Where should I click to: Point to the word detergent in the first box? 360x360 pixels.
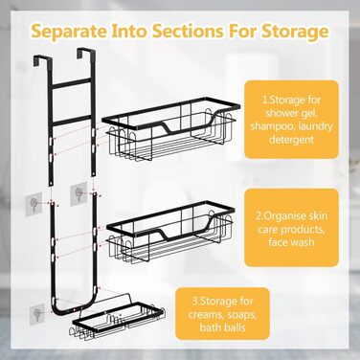[291, 139]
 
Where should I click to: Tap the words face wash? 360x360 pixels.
[291, 242]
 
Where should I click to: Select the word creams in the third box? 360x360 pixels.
[208, 315]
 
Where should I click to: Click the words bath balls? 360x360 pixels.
[222, 327]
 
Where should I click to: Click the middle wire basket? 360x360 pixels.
[170, 232]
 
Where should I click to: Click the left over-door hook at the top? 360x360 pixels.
[42, 60]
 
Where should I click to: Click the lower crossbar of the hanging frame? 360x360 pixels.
[71, 119]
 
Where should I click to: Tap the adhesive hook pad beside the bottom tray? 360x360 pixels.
[37, 314]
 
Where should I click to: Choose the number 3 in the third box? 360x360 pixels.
[194, 302]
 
